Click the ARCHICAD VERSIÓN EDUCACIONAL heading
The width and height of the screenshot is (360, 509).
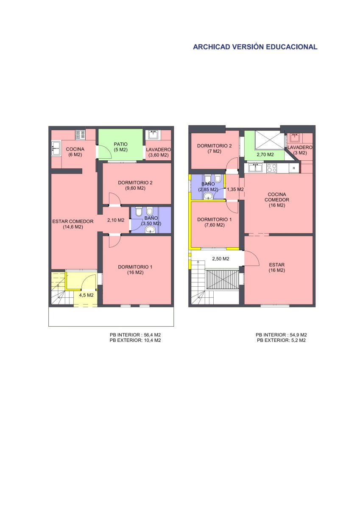click(x=255, y=47)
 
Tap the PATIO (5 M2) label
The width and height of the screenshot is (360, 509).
click(x=120, y=147)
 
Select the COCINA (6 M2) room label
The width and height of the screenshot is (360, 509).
click(x=75, y=152)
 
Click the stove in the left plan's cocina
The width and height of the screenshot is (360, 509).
click(x=81, y=134)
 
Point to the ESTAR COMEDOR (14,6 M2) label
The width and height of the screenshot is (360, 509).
click(x=73, y=224)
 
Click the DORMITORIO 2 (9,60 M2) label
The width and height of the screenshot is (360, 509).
click(x=135, y=185)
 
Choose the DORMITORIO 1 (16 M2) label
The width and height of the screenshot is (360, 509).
click(x=135, y=269)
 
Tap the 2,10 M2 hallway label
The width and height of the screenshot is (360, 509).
click(x=116, y=220)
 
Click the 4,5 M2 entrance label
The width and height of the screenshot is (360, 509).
click(x=86, y=295)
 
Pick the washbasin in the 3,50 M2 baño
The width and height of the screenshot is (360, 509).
click(x=150, y=230)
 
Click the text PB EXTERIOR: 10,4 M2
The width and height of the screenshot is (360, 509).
click(x=135, y=340)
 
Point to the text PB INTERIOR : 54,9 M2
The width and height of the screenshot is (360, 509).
click(x=281, y=335)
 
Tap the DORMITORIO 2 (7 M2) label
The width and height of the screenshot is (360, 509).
click(x=214, y=148)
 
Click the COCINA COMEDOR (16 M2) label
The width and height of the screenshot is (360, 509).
click(x=276, y=200)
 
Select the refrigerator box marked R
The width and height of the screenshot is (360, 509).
click(x=294, y=168)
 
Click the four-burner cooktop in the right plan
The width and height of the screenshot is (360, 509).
click(x=272, y=168)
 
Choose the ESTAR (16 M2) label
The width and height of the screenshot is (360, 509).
click(x=276, y=267)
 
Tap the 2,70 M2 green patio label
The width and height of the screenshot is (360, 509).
click(x=265, y=154)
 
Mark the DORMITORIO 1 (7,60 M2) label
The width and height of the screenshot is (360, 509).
click(x=214, y=222)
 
